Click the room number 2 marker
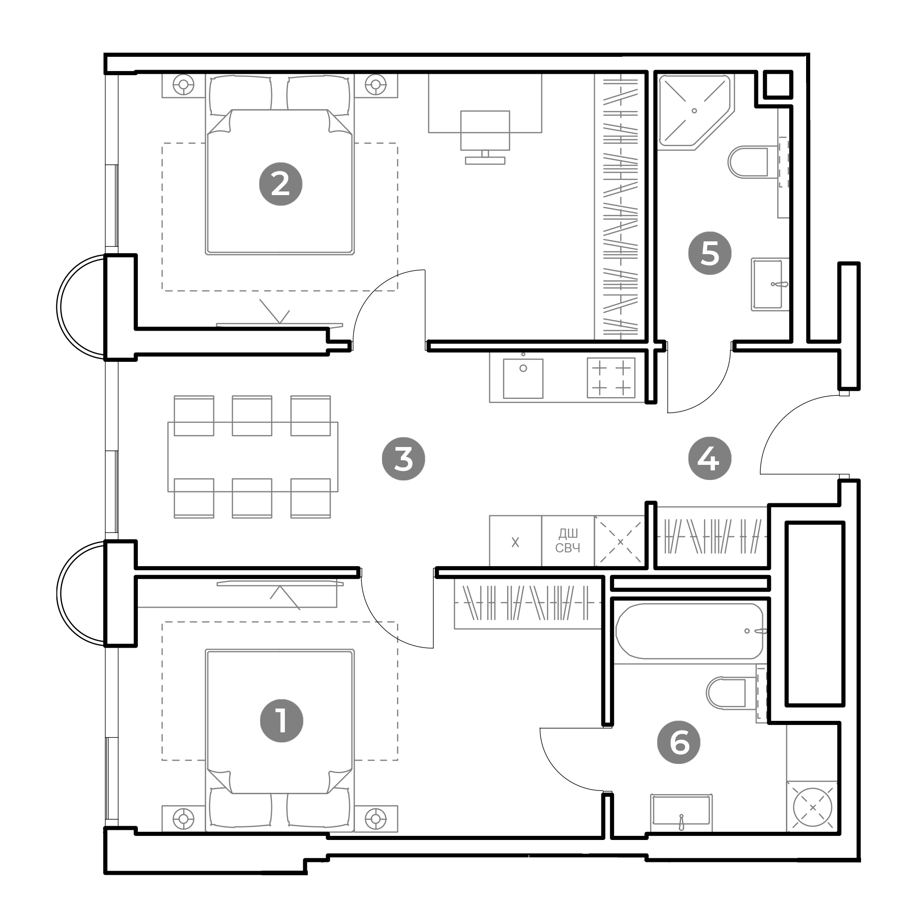point(281,184)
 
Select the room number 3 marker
point(403,459)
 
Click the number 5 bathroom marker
point(710,253)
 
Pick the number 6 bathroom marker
point(679,742)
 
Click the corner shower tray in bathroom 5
point(695,112)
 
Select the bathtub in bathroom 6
point(690,631)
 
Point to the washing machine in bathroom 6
point(812,807)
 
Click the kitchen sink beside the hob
point(523,378)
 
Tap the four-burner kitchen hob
point(611,378)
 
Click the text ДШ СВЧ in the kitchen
point(568,541)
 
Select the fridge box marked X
point(515,541)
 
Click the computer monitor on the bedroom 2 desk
point(485,137)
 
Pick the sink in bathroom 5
point(768,284)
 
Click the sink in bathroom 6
point(682,812)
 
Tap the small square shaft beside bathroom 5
point(778,85)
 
